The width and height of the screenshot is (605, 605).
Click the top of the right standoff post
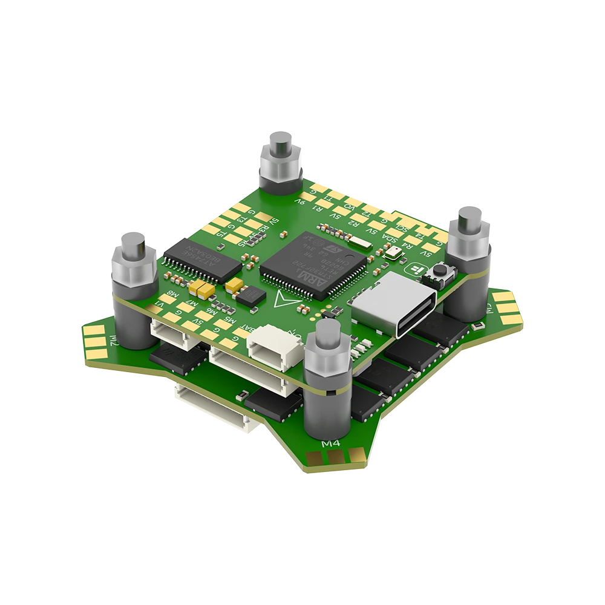point(469,216)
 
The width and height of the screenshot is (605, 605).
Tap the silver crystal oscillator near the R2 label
point(361,244)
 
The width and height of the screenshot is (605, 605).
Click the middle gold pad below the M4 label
point(333,459)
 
